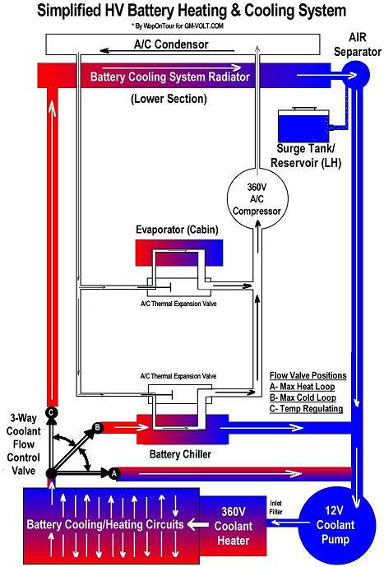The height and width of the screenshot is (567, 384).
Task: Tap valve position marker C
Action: tap(51, 411)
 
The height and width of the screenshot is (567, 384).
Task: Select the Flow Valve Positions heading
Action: tap(308, 375)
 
